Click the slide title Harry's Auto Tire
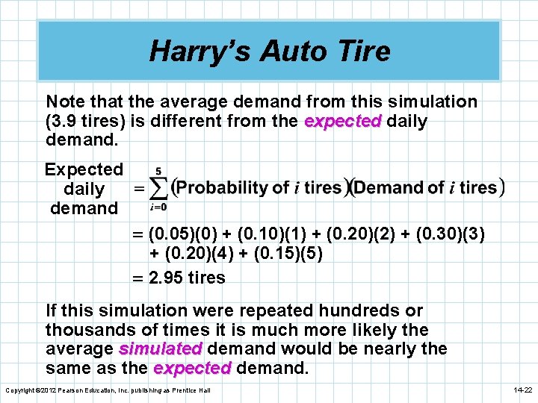pos(269,51)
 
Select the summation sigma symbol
pos(159,187)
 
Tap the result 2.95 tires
pos(187,278)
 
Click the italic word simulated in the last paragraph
pos(161,349)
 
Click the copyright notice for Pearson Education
pos(109,390)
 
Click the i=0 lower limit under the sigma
pos(158,207)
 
